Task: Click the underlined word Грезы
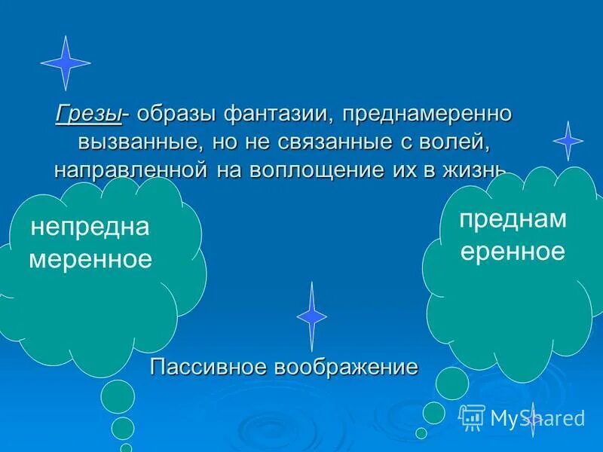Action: pos(88,115)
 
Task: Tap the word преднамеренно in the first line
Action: pos(427,115)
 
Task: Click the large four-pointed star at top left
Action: pos(66,63)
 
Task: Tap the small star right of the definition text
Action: pos(568,140)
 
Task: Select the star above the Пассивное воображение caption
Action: pos(311,316)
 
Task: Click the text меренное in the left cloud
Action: pos(90,260)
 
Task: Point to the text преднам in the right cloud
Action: pos(513,219)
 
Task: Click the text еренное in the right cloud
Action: pos(513,251)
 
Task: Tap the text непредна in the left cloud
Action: pos(90,228)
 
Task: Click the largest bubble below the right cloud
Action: pos(453,383)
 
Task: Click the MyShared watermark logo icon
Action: pos(472,416)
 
